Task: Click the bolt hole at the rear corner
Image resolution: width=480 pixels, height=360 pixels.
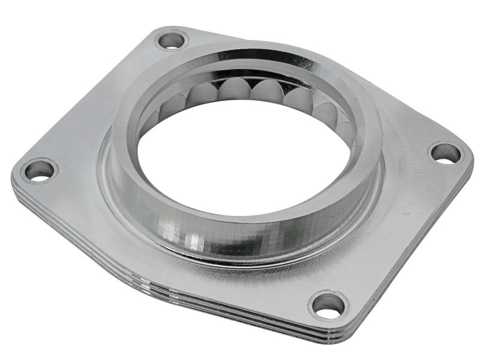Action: [x=172, y=41]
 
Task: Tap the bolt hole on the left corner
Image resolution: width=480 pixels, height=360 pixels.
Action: [x=40, y=171]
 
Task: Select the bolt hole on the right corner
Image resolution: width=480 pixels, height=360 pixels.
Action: [x=445, y=153]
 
